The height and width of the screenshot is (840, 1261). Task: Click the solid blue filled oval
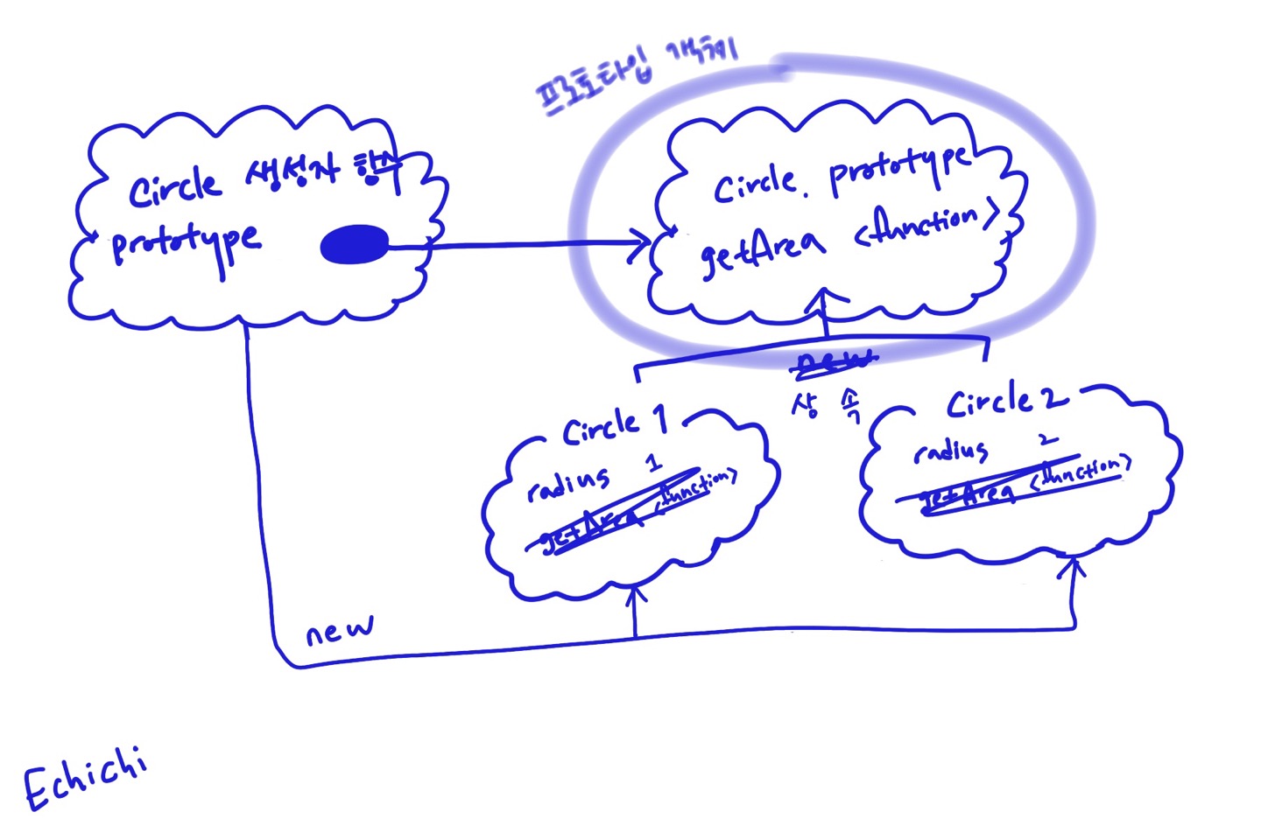[x=355, y=245]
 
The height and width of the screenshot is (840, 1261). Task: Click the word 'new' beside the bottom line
[x=340, y=630]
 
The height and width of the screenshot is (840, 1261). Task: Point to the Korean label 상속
[x=827, y=404]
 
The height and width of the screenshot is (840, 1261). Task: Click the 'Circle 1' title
[x=615, y=425]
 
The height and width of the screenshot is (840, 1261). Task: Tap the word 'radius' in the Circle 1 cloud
[x=568, y=483]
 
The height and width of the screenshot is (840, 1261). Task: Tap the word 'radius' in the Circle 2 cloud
[x=951, y=451]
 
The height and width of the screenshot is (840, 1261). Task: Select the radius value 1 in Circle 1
[x=653, y=462]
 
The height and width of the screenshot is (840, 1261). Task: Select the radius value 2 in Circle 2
[x=1047, y=440]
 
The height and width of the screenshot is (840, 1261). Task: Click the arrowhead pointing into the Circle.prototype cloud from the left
[x=642, y=245]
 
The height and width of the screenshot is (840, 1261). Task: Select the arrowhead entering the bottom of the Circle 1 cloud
[x=636, y=597]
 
